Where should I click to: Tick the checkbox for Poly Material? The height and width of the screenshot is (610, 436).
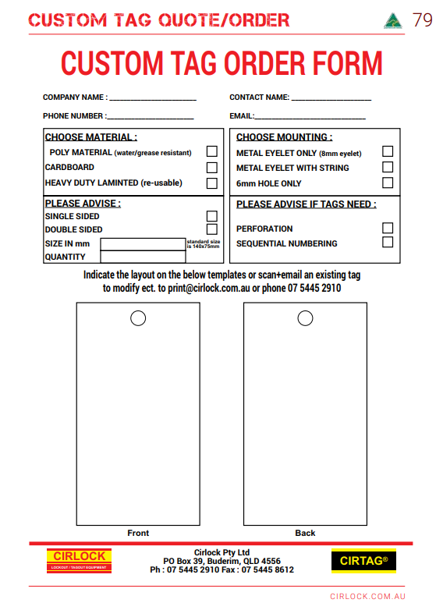click(x=211, y=151)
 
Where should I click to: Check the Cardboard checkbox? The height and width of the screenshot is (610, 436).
click(x=211, y=167)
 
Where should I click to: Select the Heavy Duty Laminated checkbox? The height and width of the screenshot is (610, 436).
click(x=211, y=183)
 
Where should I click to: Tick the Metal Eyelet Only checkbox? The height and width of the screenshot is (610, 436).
click(x=388, y=151)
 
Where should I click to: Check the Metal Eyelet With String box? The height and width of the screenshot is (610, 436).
click(x=388, y=167)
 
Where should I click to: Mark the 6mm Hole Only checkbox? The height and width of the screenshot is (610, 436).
click(x=388, y=183)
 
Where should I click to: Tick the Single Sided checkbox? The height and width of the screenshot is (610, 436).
click(x=211, y=216)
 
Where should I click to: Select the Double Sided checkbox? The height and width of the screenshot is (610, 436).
click(x=211, y=229)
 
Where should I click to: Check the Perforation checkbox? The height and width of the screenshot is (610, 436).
click(x=388, y=229)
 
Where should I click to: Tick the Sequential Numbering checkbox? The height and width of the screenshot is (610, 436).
click(x=388, y=243)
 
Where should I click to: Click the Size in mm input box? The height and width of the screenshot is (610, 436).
click(x=144, y=244)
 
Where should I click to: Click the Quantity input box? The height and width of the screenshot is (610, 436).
click(x=144, y=257)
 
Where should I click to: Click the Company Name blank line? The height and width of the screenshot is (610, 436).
click(x=153, y=98)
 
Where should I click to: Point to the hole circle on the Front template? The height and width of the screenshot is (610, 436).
click(x=138, y=317)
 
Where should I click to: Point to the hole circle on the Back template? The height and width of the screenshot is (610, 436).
click(x=306, y=317)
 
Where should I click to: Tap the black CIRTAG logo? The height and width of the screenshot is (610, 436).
click(x=363, y=561)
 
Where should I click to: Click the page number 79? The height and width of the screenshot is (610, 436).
click(x=422, y=20)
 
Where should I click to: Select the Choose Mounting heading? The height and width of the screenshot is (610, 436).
click(x=283, y=137)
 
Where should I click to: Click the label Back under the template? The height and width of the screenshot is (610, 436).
click(x=305, y=533)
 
